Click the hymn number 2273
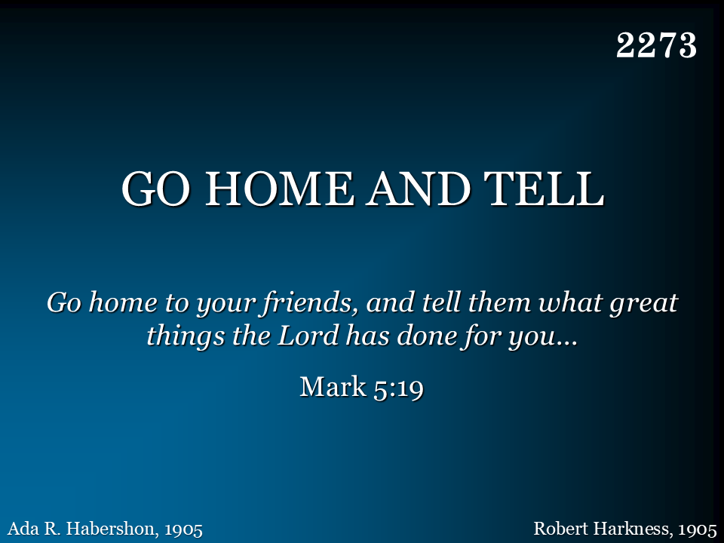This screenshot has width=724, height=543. [656, 45]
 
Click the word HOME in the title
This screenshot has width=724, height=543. [278, 189]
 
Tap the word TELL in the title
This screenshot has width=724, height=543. [544, 189]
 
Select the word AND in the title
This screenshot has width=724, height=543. [419, 189]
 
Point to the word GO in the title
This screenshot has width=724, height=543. [156, 189]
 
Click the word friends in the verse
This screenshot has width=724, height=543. [309, 303]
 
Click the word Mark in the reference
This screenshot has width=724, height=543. [333, 386]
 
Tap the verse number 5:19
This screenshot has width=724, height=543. [398, 388]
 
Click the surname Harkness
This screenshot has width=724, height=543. [630, 528]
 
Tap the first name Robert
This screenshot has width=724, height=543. [561, 528]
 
